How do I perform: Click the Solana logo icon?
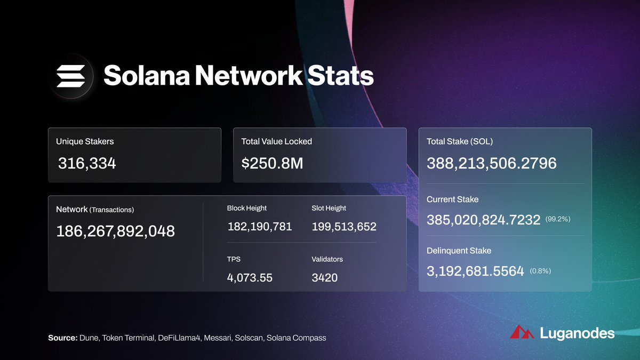point(70,76)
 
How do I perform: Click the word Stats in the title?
point(340,76)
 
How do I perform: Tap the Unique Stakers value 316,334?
point(86,164)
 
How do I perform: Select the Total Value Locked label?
point(276,141)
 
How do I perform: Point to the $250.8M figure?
point(272,164)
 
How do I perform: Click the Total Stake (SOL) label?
point(460,141)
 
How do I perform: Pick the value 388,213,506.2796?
point(491,163)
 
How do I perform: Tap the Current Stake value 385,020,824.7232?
point(483,220)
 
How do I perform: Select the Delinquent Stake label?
point(459,250)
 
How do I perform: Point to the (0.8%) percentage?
point(540,271)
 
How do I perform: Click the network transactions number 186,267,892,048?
point(115,231)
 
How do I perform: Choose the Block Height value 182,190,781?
point(259,227)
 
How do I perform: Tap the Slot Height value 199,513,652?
point(344,227)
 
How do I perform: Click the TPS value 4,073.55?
point(250,277)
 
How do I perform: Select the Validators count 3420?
point(324,277)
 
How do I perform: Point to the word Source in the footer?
point(62,338)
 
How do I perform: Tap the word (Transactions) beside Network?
point(111,210)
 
